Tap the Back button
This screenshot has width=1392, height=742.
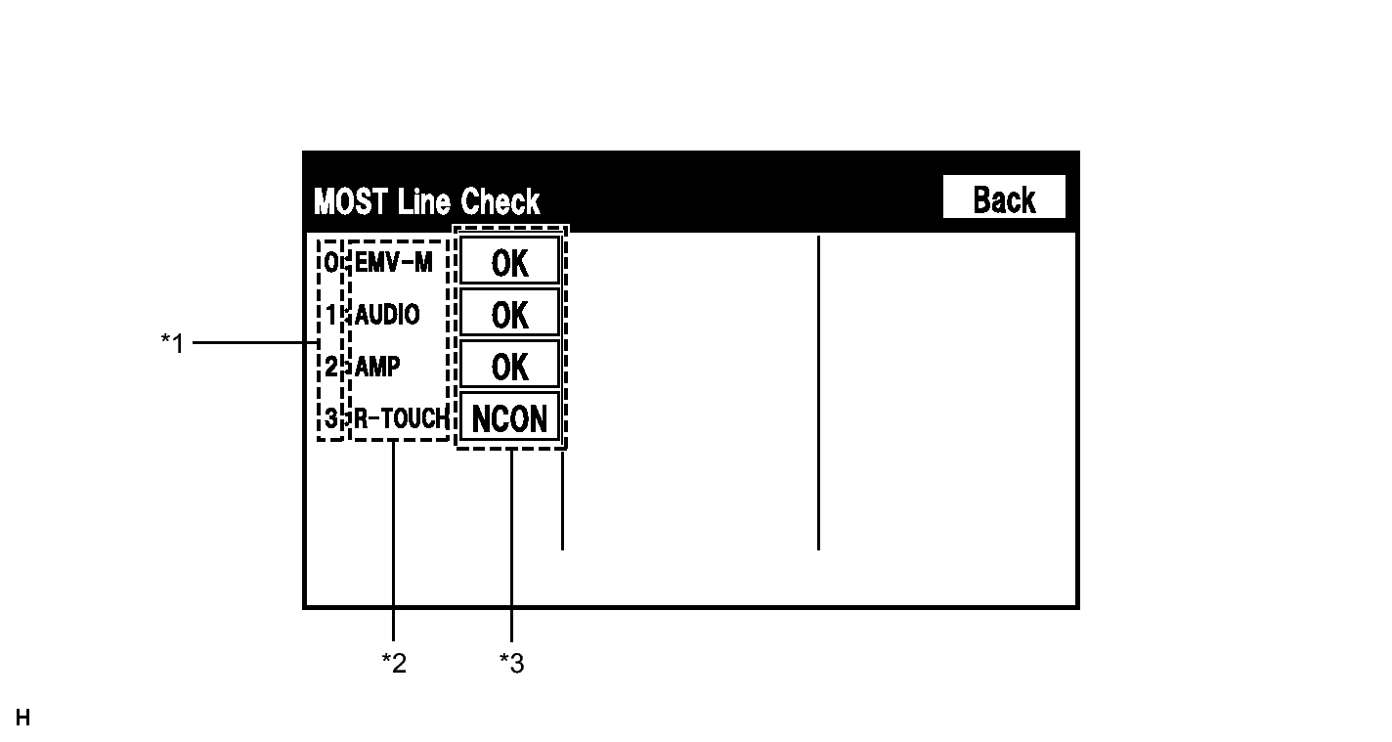(1004, 196)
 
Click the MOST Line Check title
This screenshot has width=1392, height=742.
(427, 201)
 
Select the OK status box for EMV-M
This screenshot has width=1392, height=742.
(509, 261)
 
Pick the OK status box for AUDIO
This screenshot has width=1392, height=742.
(509, 313)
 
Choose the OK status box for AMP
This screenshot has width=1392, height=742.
(509, 365)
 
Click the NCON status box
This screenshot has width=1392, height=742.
(509, 417)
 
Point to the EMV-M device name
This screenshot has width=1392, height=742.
(393, 262)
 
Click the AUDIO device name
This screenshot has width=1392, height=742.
(387, 315)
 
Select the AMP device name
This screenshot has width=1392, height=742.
(377, 366)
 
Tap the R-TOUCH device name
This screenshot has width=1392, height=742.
(402, 418)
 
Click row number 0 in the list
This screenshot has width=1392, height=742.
(331, 262)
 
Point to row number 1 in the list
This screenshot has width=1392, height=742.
(331, 315)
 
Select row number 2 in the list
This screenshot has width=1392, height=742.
(331, 366)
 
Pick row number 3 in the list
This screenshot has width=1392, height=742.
(331, 418)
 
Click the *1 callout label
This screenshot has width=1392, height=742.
(173, 342)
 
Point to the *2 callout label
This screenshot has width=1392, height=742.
(394, 663)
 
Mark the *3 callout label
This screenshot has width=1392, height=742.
(512, 663)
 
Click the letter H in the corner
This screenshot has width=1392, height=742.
(23, 718)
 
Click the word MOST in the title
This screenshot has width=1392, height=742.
(351, 202)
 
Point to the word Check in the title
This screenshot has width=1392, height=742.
(500, 201)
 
